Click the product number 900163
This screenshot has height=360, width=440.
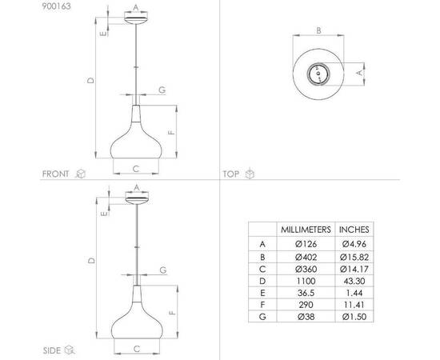pyautogui.click(x=57, y=6)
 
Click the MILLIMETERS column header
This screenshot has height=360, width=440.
pyautogui.click(x=306, y=230)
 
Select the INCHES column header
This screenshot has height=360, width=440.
pyautogui.click(x=354, y=230)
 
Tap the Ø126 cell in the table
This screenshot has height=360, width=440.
pyautogui.click(x=306, y=244)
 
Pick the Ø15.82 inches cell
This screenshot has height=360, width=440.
pyautogui.click(x=354, y=257)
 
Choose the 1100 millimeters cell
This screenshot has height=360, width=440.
pyautogui.click(x=306, y=281)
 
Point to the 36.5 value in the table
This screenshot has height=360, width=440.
pyautogui.click(x=306, y=293)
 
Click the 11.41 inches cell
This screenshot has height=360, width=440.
pyautogui.click(x=354, y=305)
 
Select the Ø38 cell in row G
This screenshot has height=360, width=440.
pyautogui.click(x=306, y=317)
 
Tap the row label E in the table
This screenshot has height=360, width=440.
pyautogui.click(x=262, y=293)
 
